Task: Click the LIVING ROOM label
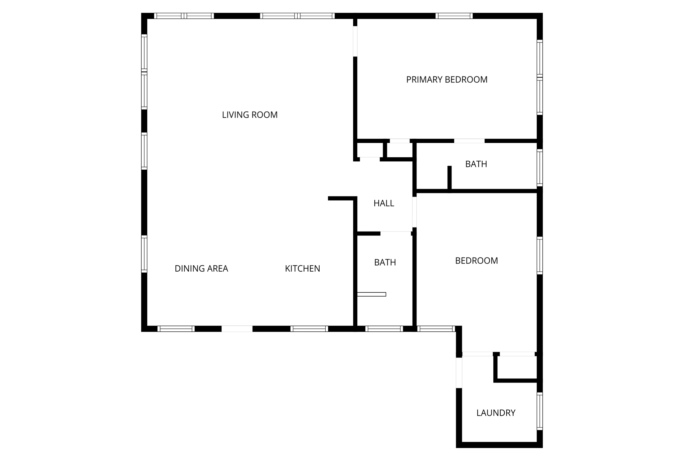coord(250,115)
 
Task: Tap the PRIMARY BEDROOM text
coord(447,80)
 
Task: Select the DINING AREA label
coord(201,269)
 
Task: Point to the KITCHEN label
coord(302,269)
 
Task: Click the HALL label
coord(384,203)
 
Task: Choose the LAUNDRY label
coord(496,413)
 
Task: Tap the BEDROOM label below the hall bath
coord(476,261)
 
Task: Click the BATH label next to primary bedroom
coord(476,164)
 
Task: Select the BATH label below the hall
coord(385,263)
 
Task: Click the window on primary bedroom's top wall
coord(454,16)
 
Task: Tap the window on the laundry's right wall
coord(539,411)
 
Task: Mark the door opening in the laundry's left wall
coord(459,372)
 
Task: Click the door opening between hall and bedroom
coord(414,212)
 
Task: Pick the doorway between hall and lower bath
coord(395,233)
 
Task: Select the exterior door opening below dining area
coord(237,329)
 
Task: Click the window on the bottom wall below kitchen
coord(309,329)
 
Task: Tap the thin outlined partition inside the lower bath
coord(371,294)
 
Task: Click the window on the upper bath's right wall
coord(539,168)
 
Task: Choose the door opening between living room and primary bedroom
coord(355,41)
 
